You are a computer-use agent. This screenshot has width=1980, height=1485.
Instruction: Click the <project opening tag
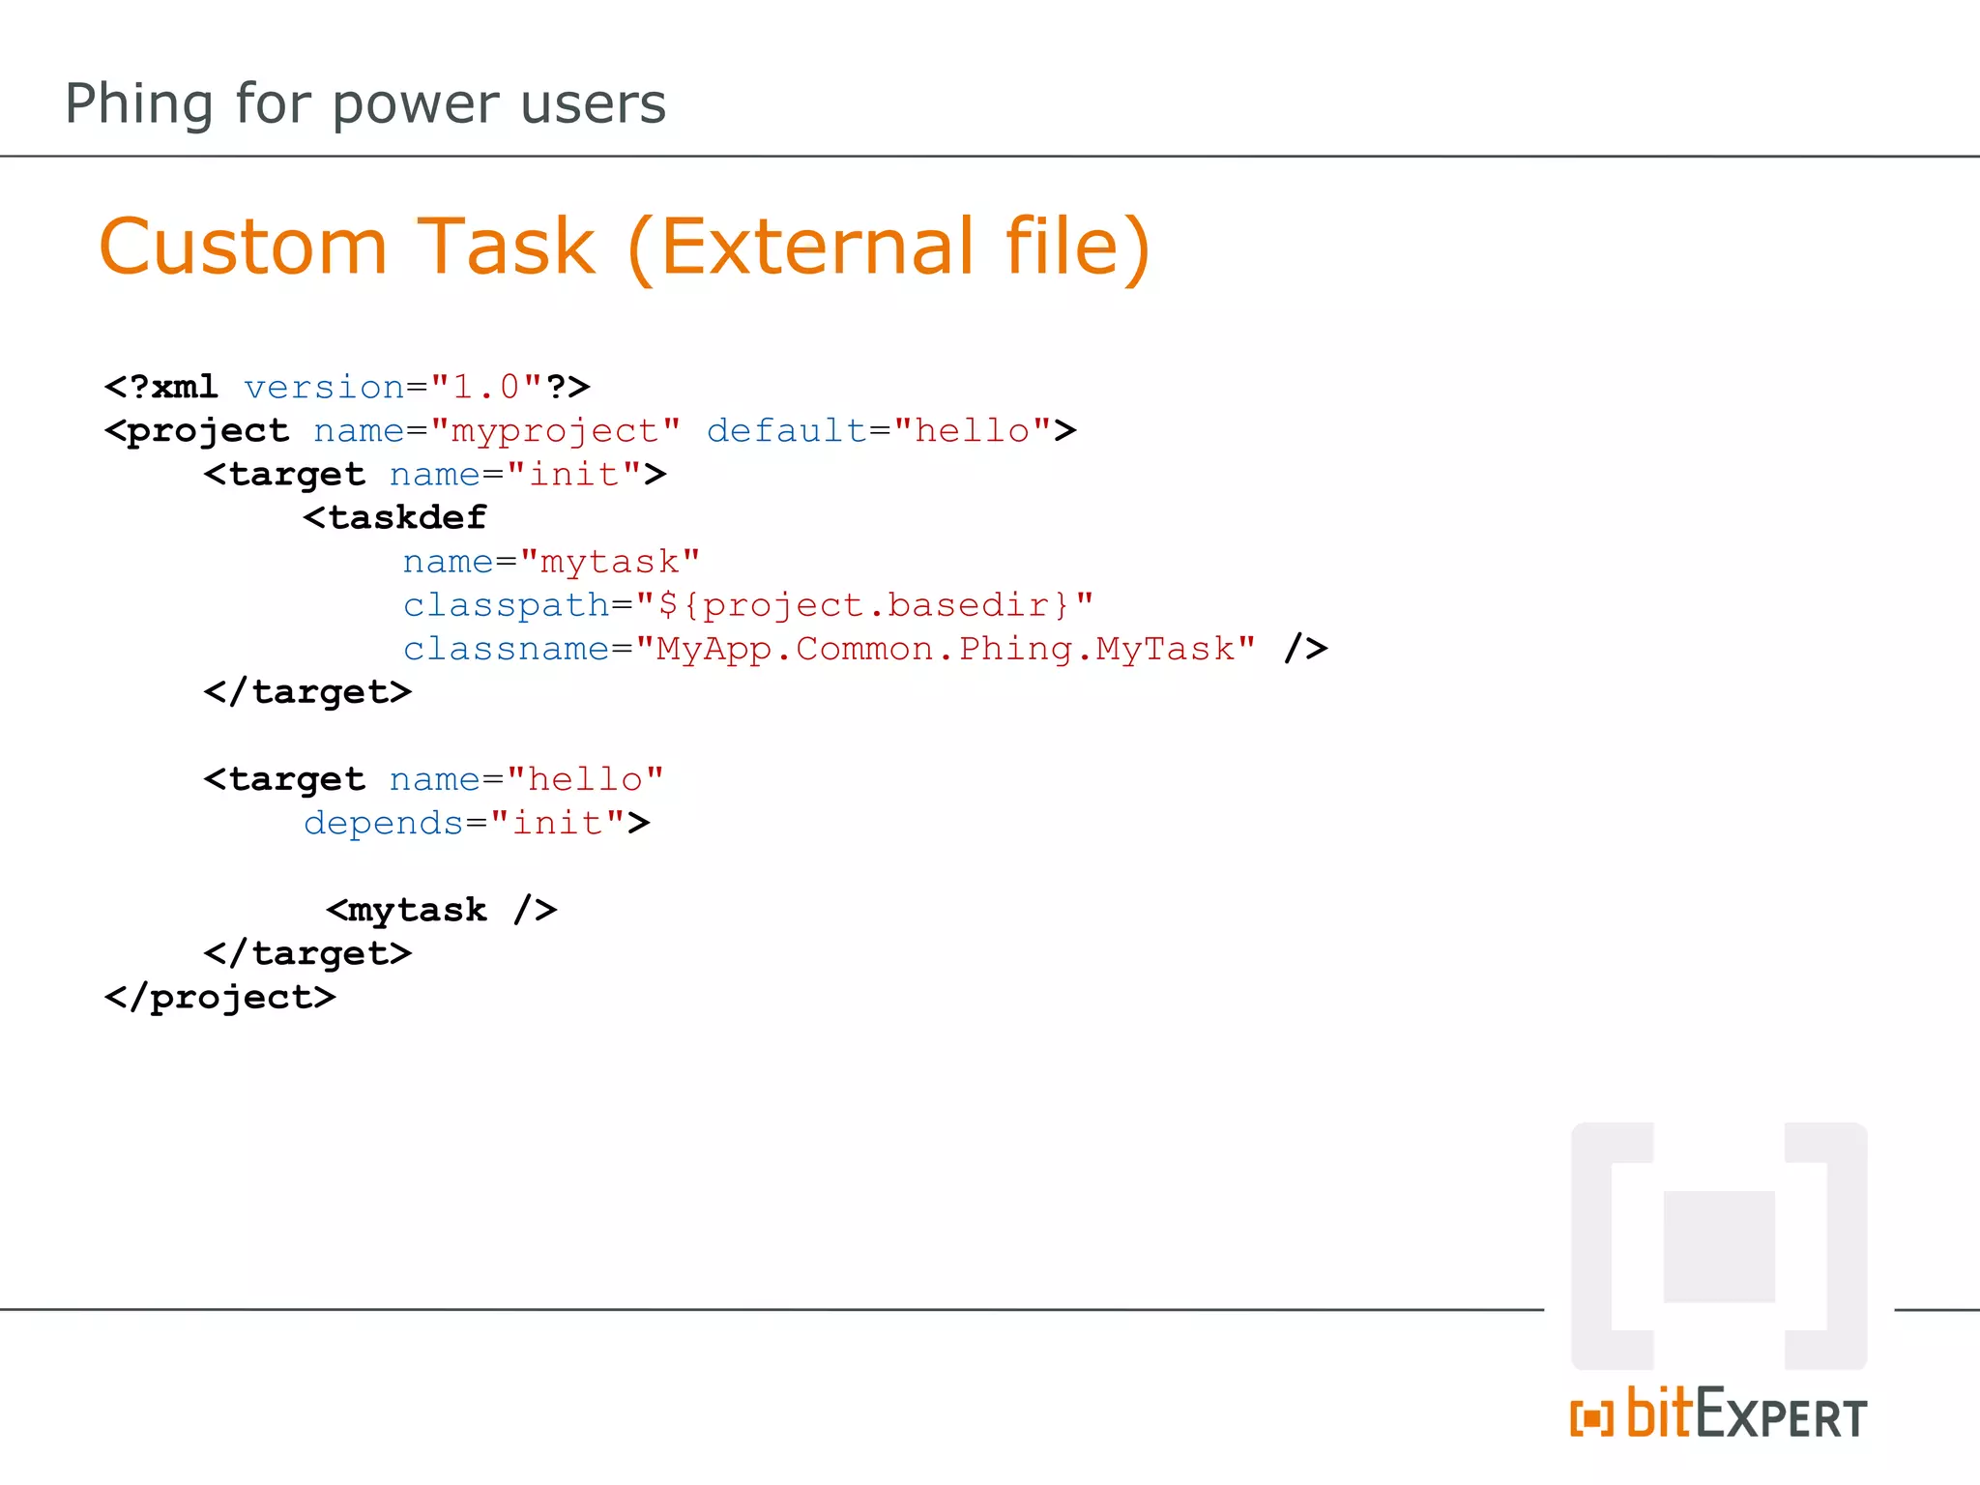[197, 430]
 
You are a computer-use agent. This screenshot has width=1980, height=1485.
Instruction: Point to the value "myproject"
[555, 430]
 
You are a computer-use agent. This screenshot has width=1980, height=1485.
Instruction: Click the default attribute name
[786, 430]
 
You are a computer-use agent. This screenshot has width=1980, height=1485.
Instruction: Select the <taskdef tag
[394, 517]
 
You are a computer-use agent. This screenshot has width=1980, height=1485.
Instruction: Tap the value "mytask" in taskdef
[609, 561]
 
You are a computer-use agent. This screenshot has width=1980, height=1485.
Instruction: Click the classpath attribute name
[506, 605]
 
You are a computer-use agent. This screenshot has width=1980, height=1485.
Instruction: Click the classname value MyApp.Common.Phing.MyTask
[945, 649]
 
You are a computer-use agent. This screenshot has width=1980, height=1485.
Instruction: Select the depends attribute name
[384, 823]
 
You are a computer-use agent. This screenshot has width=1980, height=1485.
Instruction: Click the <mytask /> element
[441, 910]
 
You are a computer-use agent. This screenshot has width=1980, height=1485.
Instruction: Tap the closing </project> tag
[220, 997]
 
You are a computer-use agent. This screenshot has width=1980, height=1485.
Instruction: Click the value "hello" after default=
[973, 430]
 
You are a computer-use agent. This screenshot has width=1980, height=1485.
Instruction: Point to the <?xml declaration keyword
[161, 387]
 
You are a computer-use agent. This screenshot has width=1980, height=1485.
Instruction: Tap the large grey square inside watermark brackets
[1719, 1246]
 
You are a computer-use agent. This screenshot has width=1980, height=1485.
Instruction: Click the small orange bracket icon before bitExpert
[1591, 1418]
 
